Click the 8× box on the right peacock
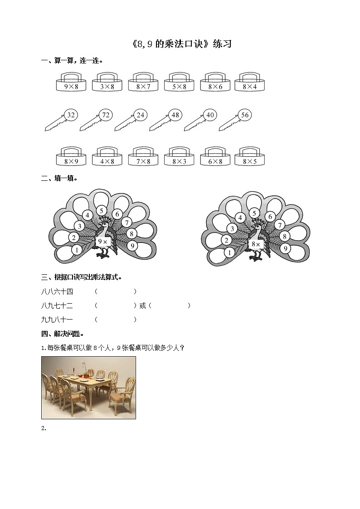pos(256,244)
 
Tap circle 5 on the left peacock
pos(102,210)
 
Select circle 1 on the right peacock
pos(230,252)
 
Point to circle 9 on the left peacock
pos(132,246)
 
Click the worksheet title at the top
pos(180,44)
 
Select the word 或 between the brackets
pos(142,306)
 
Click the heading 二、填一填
pos(59,178)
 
